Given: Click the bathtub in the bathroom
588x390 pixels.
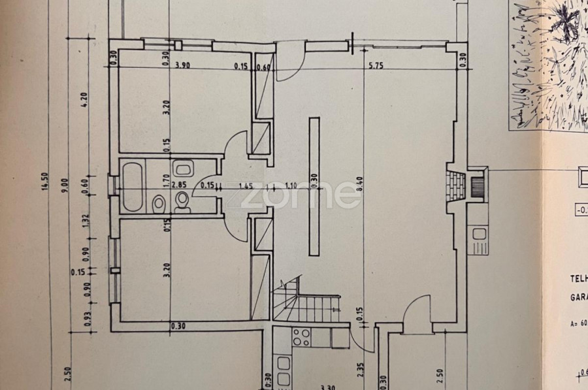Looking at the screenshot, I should [x=131, y=187].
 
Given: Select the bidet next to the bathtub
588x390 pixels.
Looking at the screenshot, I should [x=158, y=204].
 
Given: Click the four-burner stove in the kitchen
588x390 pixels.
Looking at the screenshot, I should [x=301, y=337].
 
